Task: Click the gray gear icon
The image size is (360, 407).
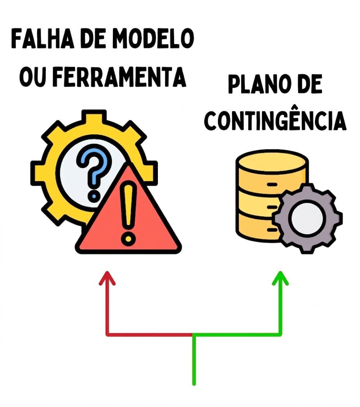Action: pos(307,218)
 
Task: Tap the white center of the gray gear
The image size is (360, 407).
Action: pos(307,218)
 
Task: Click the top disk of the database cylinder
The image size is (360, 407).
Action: pos(272,162)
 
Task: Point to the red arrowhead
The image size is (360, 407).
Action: pos(107,278)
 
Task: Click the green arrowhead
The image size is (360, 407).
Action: pos(280,278)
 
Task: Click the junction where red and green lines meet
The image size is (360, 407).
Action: pos(194,335)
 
